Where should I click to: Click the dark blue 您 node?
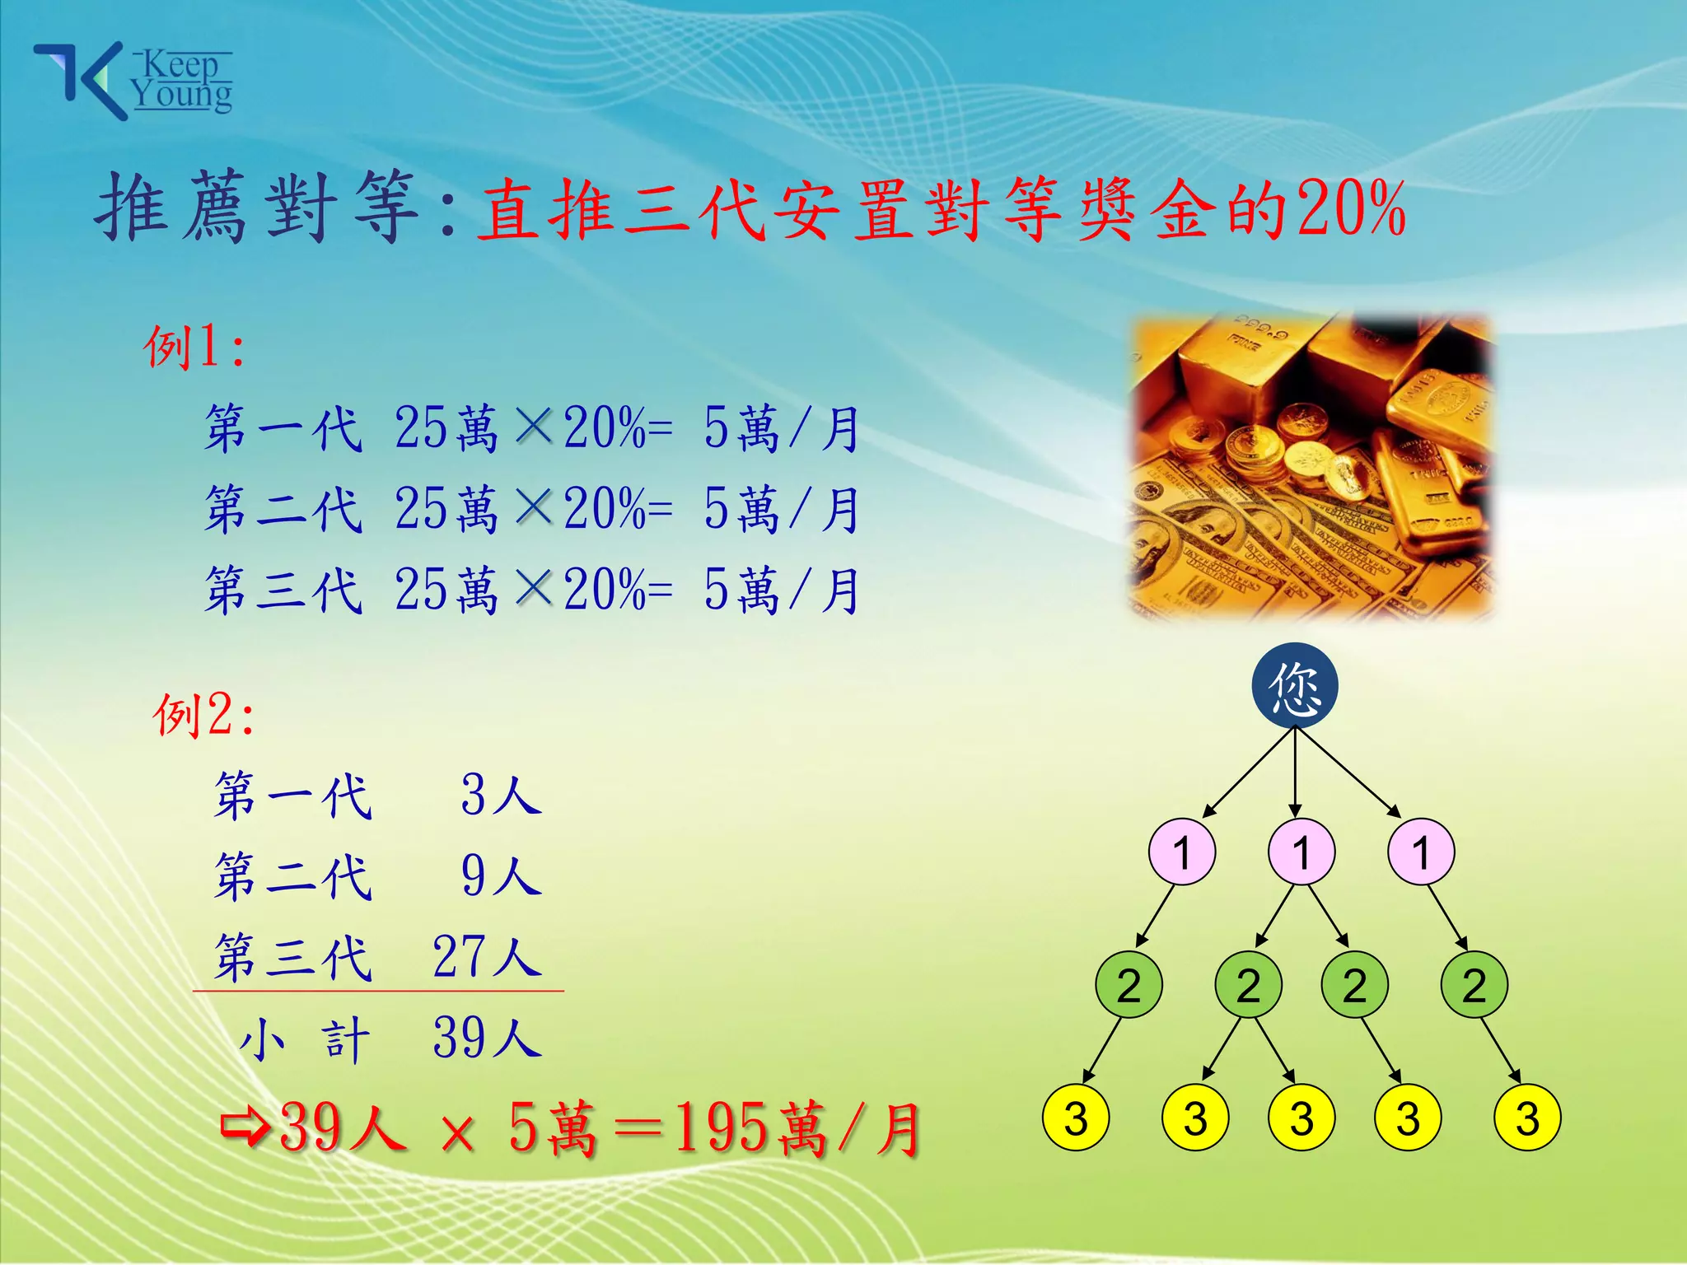[x=1295, y=686]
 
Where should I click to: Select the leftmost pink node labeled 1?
[x=1182, y=852]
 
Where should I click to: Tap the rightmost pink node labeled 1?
[x=1421, y=852]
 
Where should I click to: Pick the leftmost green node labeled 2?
[x=1129, y=985]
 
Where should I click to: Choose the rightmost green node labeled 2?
[x=1474, y=985]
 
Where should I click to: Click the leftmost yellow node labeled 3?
[x=1076, y=1118]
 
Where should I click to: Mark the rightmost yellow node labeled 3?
[x=1527, y=1118]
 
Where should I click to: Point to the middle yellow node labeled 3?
[x=1301, y=1118]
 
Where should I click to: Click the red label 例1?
[x=194, y=347]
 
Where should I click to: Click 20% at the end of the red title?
[x=1351, y=209]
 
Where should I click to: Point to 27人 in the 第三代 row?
[x=487, y=957]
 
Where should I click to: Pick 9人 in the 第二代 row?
[x=501, y=875]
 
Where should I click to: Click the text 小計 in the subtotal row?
[x=305, y=1039]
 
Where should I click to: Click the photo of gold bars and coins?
[x=1311, y=467]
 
